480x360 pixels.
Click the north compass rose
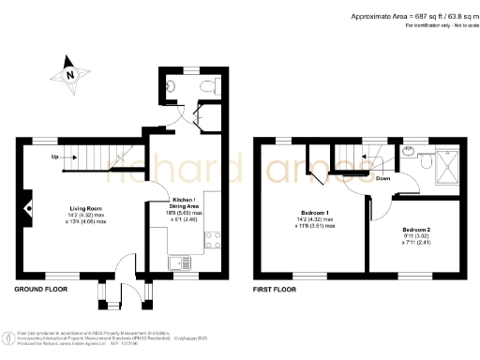point(68,71)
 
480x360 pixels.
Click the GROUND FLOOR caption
point(38,291)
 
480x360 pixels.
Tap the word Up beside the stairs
point(55,157)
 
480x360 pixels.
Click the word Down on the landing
point(382,178)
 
